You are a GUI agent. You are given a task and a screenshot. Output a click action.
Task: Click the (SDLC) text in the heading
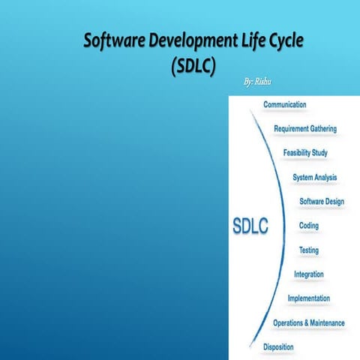(x=193, y=65)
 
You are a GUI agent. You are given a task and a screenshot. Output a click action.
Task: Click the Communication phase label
(x=284, y=104)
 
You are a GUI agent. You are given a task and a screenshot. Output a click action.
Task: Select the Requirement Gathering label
(x=304, y=128)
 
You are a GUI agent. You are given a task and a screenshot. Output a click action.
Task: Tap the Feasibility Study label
(x=304, y=153)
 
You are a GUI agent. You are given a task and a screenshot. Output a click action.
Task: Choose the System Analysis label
(x=314, y=178)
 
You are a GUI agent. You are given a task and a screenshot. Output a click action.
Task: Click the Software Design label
(x=322, y=202)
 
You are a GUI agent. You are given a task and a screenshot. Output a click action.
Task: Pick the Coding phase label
(x=308, y=226)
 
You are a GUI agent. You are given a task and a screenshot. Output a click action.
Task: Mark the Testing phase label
(x=308, y=250)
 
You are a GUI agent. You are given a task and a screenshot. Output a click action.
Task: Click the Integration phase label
(x=308, y=274)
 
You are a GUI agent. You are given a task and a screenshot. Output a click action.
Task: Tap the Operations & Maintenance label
(x=308, y=323)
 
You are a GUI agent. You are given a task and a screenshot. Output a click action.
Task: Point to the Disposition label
(x=277, y=347)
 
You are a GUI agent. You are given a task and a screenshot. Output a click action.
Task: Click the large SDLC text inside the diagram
(x=250, y=225)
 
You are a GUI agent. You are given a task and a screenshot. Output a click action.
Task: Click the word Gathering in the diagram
(x=321, y=128)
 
